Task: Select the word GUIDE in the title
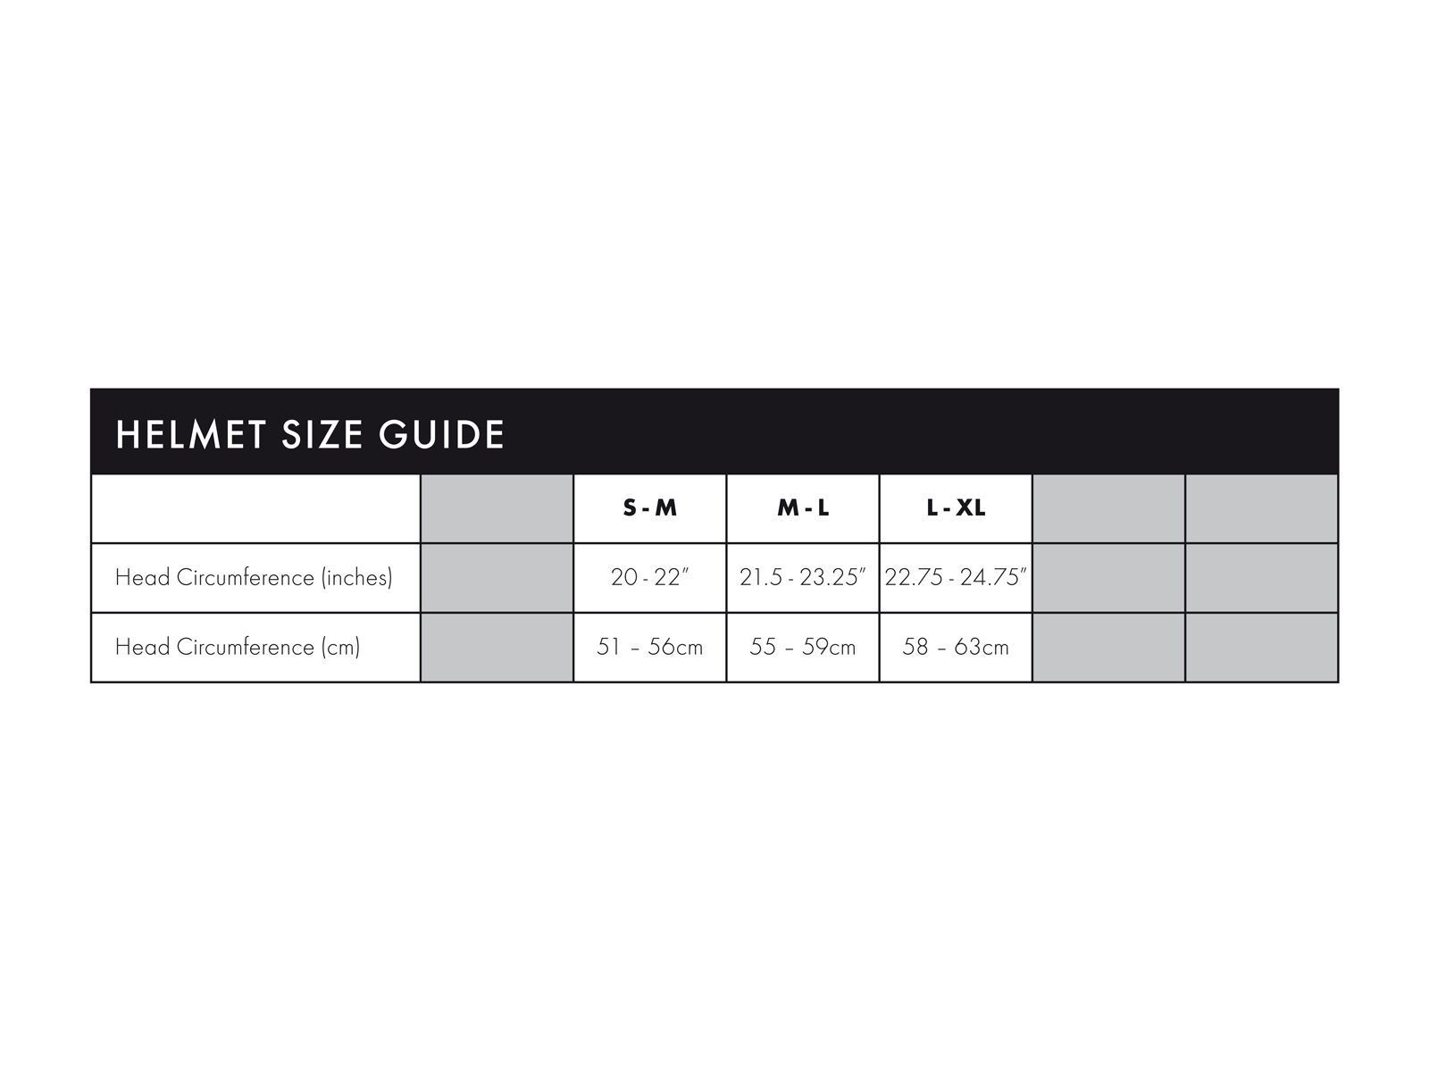pos(442,435)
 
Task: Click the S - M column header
pos(649,508)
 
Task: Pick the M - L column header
pos(803,508)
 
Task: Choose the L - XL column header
pos(956,508)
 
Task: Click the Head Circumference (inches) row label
pos(254,578)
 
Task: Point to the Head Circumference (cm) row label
pos(238,648)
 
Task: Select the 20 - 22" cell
pos(650,578)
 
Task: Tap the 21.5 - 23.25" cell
pos(803,578)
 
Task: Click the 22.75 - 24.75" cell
pos(956,578)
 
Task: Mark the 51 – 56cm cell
pos(649,648)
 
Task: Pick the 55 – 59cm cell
pos(803,648)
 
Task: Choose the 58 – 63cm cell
pos(956,648)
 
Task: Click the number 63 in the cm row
pos(968,648)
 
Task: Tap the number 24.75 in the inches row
pos(992,578)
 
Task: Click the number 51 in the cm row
pos(608,648)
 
